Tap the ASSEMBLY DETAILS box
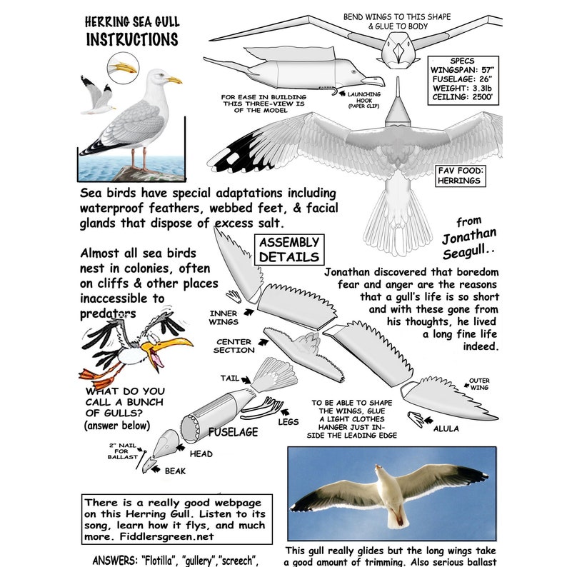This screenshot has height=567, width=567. pyautogui.click(x=288, y=249)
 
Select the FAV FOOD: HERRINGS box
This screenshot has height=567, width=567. pyautogui.click(x=460, y=175)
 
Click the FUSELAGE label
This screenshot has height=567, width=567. pyautogui.click(x=232, y=432)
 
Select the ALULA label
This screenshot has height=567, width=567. pyautogui.click(x=446, y=428)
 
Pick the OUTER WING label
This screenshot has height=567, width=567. pyautogui.click(x=478, y=385)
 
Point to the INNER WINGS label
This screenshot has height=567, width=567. pyautogui.click(x=224, y=317)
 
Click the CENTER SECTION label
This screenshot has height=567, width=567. pyautogui.click(x=234, y=346)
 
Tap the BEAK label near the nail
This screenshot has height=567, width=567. pyautogui.click(x=175, y=471)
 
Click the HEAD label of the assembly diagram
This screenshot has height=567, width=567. pyautogui.click(x=201, y=453)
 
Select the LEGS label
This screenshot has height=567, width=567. pyautogui.click(x=288, y=421)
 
